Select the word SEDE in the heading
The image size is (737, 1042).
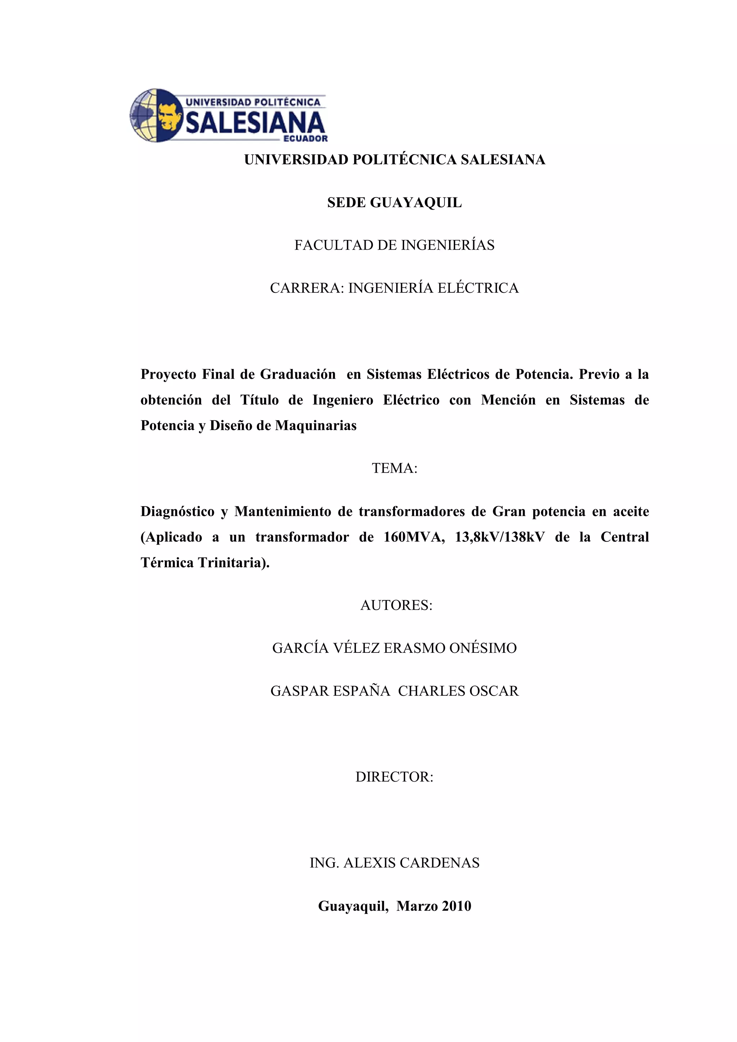tap(347, 203)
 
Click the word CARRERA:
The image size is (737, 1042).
tap(307, 288)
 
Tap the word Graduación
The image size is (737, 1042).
tap(298, 374)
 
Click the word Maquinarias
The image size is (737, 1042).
tap(316, 426)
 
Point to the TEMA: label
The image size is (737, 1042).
tap(394, 468)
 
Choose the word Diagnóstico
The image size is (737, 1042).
tap(177, 511)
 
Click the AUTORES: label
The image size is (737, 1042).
tap(396, 605)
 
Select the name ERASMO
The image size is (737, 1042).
tap(414, 648)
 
